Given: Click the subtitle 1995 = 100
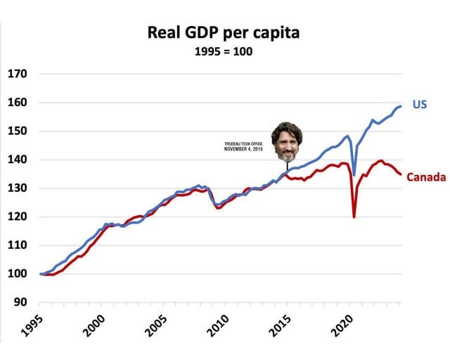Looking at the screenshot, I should (223, 52).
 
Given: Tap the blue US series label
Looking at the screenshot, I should (419, 105).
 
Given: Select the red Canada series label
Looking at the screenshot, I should (426, 176).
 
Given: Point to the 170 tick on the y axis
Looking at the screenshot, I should (18, 74).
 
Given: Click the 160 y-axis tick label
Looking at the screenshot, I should (18, 103).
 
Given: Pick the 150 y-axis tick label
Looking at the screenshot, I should (18, 131).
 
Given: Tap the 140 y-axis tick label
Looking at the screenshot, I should (18, 160).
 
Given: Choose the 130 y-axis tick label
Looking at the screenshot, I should (18, 188).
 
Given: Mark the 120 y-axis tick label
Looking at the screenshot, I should (18, 217).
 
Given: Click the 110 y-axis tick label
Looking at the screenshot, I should (18, 245).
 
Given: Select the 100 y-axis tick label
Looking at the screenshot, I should (18, 274).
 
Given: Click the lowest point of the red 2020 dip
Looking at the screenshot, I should (354, 217).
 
